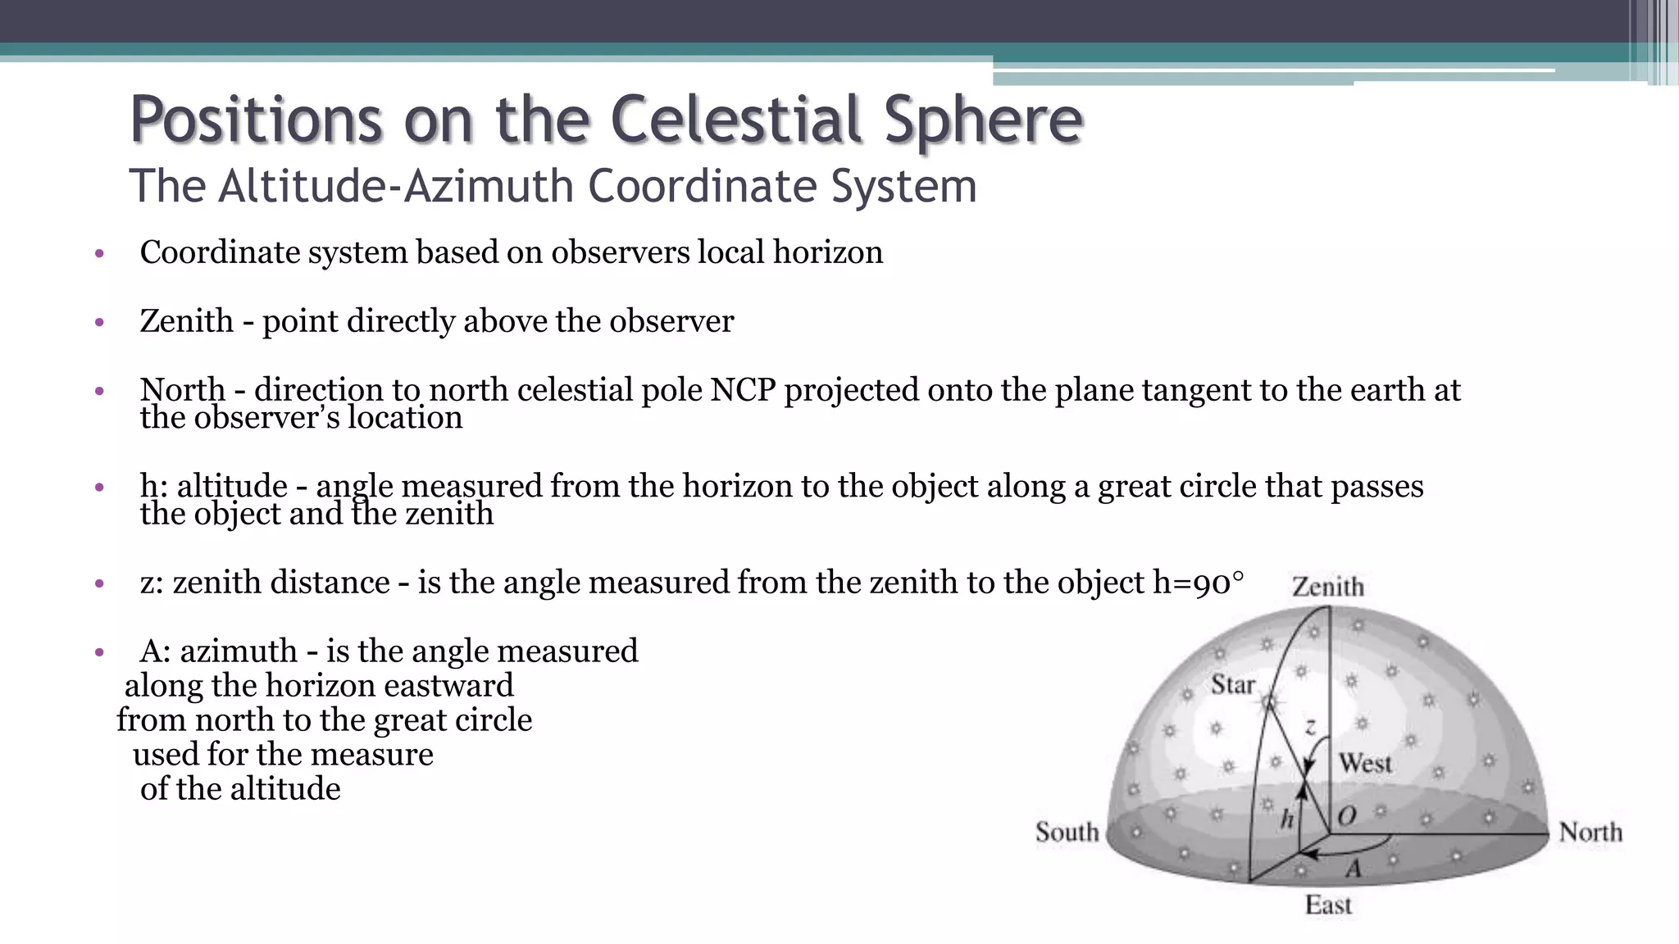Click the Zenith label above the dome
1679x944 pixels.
coord(1328,587)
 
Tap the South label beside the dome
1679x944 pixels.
coord(1067,832)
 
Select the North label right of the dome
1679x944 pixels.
coord(1590,832)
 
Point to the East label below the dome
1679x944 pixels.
coord(1328,905)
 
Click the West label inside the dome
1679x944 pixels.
coord(1365,763)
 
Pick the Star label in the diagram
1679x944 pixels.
coord(1233,684)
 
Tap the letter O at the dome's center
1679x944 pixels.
coord(1346,815)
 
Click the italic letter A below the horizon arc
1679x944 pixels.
coord(1354,868)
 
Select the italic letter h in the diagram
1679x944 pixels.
coord(1287,818)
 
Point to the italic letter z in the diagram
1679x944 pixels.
coord(1310,727)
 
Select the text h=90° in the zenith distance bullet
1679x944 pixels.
coord(1198,583)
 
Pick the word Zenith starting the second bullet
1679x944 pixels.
coord(187,321)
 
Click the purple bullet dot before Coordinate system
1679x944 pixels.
coord(99,253)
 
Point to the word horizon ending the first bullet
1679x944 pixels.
coord(828,252)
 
